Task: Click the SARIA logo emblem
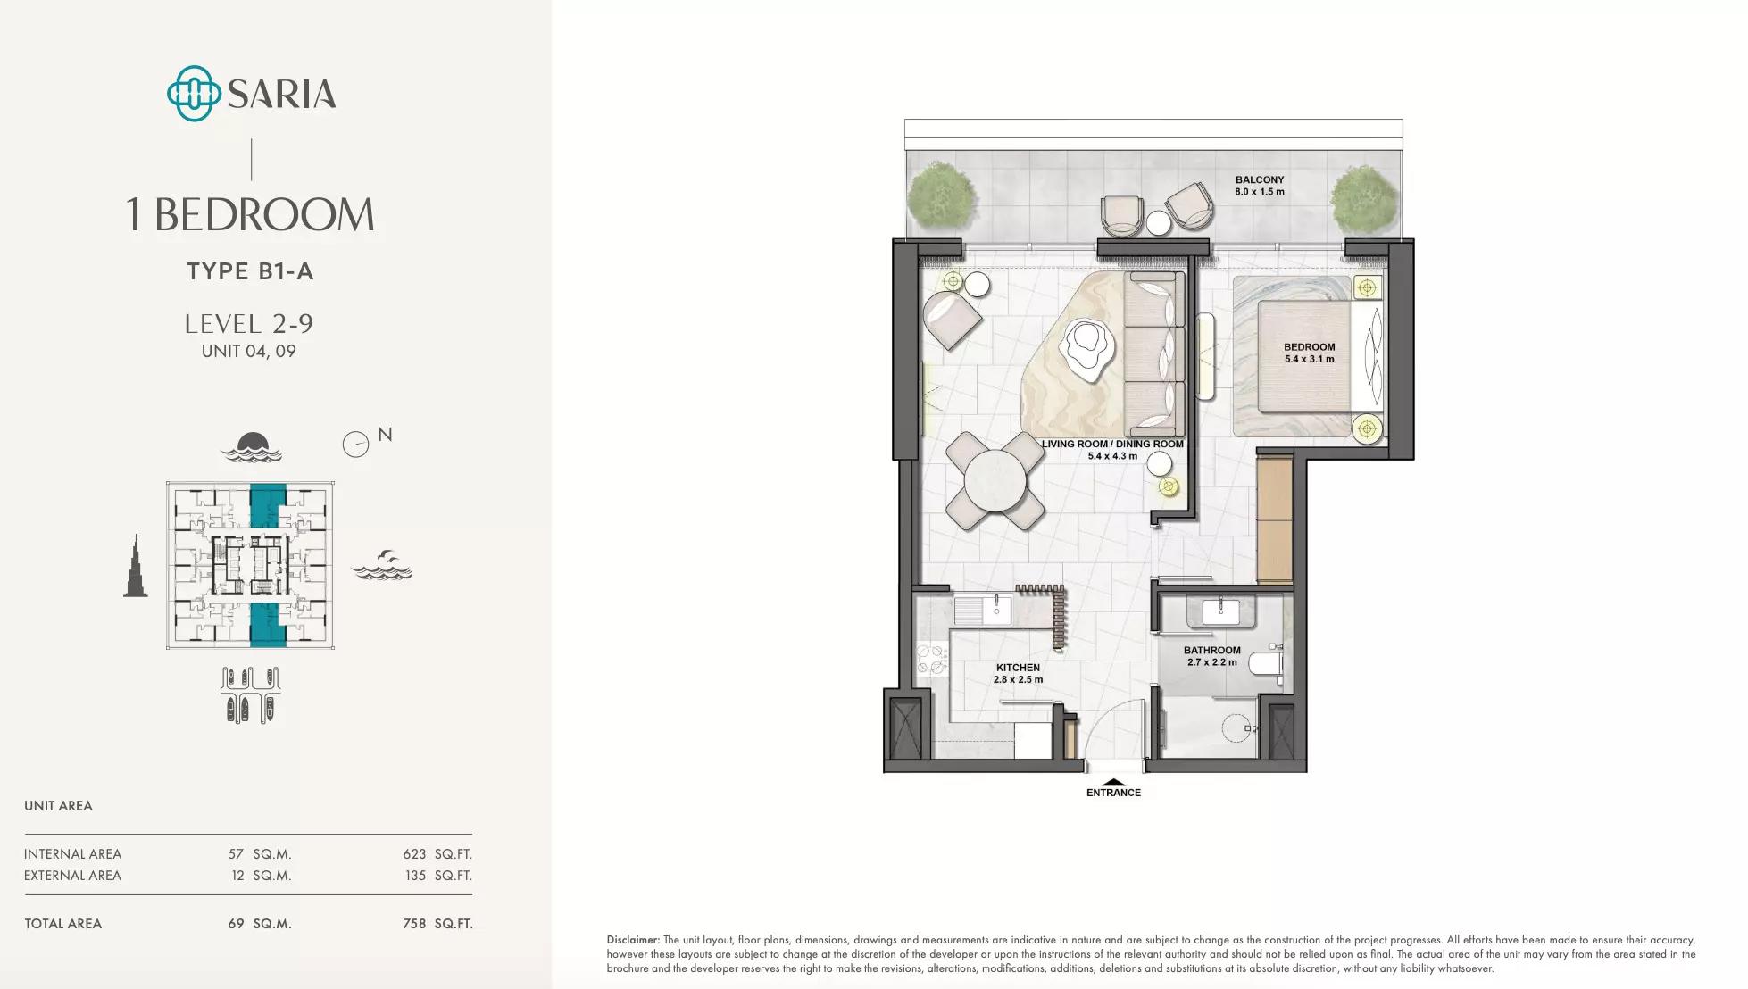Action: [194, 93]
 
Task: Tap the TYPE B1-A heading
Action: [250, 271]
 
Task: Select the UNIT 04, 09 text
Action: [248, 351]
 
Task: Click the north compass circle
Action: [355, 445]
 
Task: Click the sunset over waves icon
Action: [252, 446]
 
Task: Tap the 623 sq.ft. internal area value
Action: [437, 854]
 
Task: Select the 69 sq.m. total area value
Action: [260, 924]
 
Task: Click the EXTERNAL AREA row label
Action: [72, 876]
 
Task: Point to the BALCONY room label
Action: [1260, 180]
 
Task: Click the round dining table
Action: [995, 481]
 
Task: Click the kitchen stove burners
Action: [932, 661]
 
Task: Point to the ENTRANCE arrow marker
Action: [1113, 782]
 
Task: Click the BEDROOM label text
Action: [1310, 347]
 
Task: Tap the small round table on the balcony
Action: [1158, 222]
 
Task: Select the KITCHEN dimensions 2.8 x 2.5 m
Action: [1018, 680]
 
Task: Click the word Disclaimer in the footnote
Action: [633, 940]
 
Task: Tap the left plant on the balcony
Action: [941, 199]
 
